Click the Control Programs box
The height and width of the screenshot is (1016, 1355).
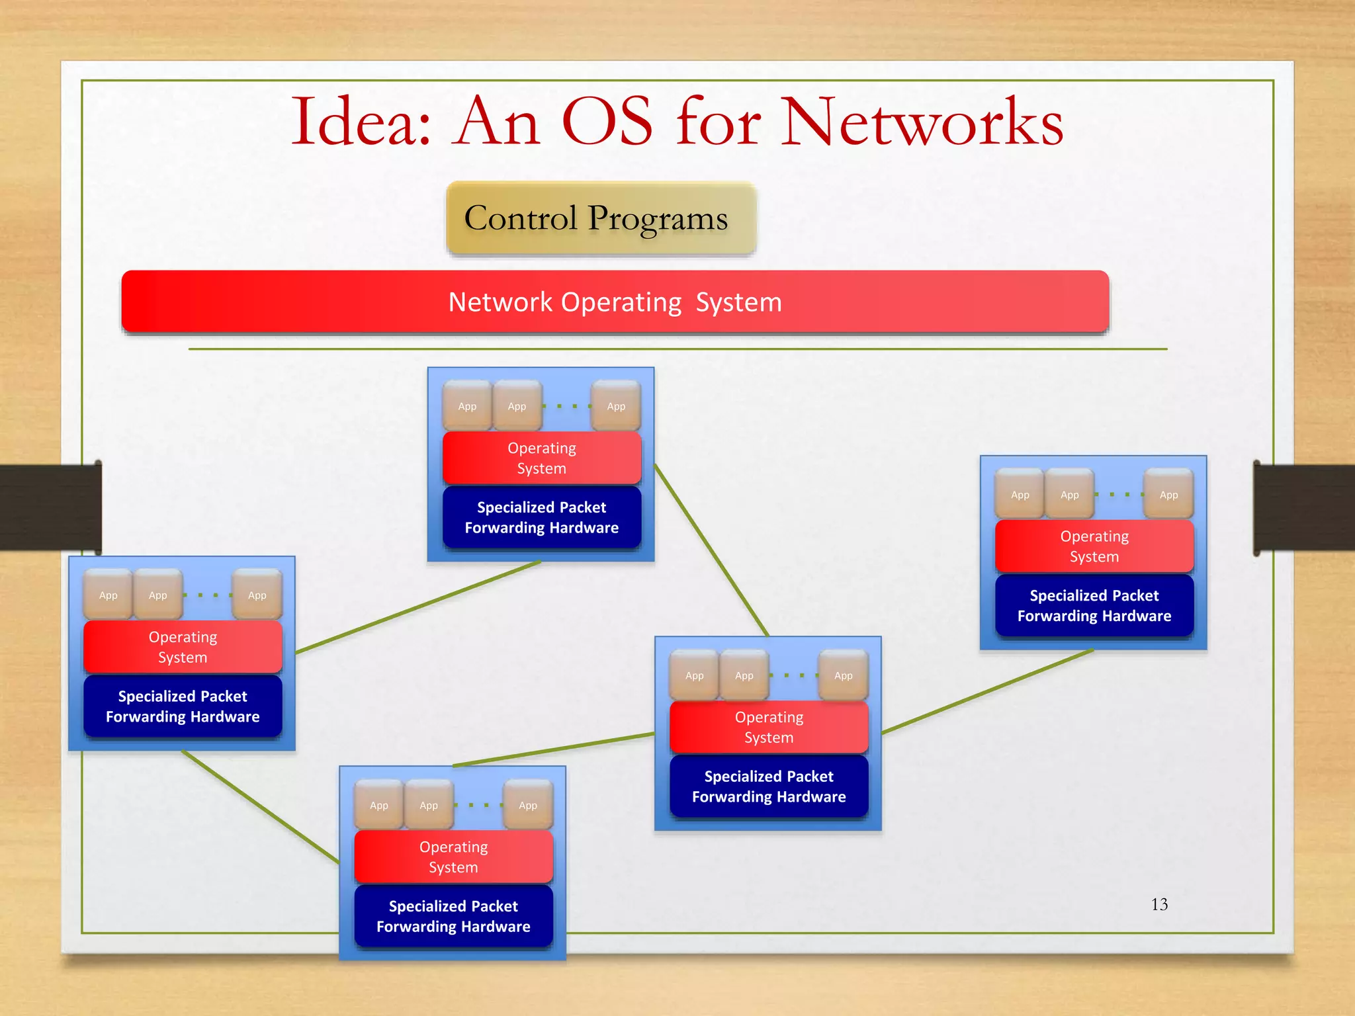click(x=601, y=218)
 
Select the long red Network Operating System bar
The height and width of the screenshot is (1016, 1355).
click(x=615, y=302)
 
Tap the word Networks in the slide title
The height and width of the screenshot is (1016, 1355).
click(x=922, y=122)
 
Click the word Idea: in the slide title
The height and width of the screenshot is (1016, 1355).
click(x=361, y=122)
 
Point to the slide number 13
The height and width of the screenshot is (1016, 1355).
click(x=1159, y=904)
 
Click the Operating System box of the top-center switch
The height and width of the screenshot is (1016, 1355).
click(x=541, y=458)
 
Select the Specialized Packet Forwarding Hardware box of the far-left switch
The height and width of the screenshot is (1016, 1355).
click(x=183, y=706)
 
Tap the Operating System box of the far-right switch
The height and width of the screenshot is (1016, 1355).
click(x=1094, y=546)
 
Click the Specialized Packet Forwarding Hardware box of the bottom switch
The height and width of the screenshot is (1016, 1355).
click(x=453, y=916)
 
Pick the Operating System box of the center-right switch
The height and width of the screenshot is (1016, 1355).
click(x=769, y=727)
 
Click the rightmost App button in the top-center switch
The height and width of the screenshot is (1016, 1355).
click(x=616, y=406)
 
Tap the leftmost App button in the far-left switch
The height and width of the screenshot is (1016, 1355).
click(x=108, y=595)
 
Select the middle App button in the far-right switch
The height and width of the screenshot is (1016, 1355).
click(x=1069, y=495)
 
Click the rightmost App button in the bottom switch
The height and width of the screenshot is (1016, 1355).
click(x=528, y=805)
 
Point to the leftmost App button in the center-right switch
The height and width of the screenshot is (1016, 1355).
click(x=694, y=675)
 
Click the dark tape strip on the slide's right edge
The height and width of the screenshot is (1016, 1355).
click(x=1303, y=507)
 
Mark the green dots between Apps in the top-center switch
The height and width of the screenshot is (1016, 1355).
click(x=566, y=406)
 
